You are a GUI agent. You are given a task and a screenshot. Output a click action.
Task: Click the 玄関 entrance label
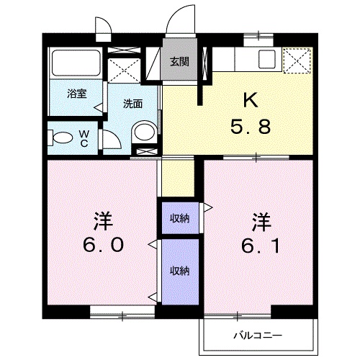179,62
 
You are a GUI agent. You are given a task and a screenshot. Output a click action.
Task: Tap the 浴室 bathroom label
77,94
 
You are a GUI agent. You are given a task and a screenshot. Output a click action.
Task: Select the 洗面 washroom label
133,104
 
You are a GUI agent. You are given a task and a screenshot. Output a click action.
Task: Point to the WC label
84,138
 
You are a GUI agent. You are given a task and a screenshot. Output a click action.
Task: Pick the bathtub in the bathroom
76,63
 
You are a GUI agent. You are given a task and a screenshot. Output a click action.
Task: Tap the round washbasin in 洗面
144,132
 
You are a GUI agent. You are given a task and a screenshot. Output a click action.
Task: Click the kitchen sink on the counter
266,59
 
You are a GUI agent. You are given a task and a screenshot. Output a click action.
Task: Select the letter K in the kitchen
251,100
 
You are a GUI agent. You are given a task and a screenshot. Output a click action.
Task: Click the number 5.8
251,127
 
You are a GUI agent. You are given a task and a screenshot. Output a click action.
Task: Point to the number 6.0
104,245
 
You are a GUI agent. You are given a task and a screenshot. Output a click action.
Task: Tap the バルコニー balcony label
258,335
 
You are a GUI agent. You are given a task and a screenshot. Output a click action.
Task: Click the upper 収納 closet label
180,218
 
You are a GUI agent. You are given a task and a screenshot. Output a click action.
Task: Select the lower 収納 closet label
180,271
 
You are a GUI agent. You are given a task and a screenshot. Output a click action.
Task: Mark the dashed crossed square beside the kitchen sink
297,60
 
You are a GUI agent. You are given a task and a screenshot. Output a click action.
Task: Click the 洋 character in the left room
104,221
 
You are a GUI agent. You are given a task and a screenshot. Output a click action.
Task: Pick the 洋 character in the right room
261,222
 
